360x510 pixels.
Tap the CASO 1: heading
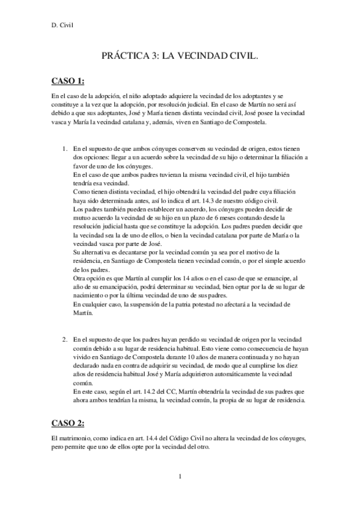[x=67, y=81]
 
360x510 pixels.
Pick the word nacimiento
[x=89, y=296]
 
